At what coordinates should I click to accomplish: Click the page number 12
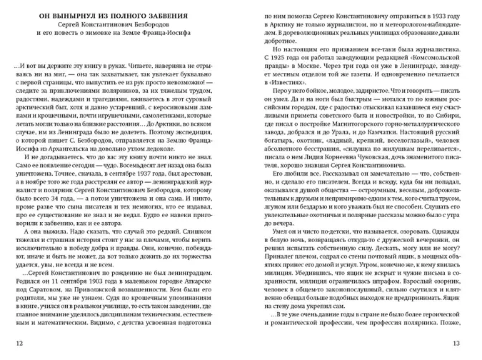pyautogui.click(x=20, y=344)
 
